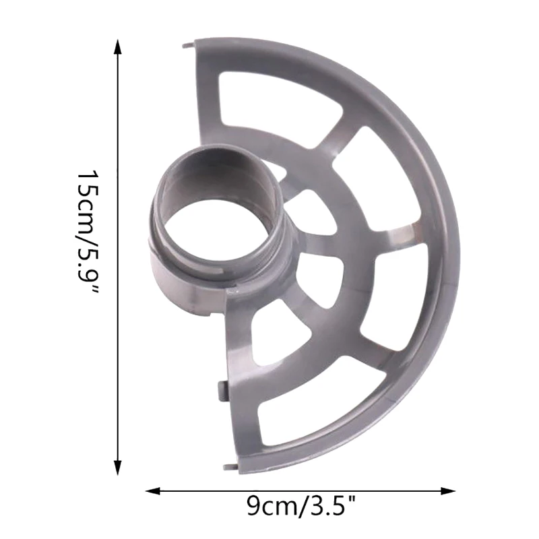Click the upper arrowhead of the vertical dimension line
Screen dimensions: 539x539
pos(118,47)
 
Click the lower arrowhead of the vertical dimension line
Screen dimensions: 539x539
pos(118,467)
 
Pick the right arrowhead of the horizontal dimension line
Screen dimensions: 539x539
pos(447,490)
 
